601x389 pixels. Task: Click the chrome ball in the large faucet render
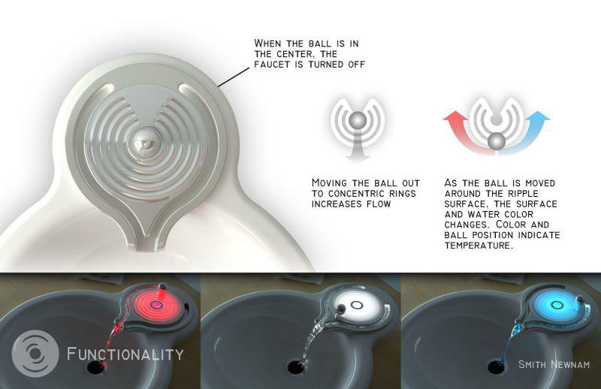(144, 143)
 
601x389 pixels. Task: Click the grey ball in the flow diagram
(358, 120)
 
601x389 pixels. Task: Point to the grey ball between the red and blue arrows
(497, 141)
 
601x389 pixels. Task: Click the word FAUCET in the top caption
(273, 65)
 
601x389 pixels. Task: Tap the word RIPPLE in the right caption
(523, 193)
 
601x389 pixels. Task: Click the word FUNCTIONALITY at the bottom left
(125, 354)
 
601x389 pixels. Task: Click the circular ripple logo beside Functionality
(35, 354)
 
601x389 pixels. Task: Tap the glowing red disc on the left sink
(156, 305)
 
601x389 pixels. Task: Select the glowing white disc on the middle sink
(358, 305)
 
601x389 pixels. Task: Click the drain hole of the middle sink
(296, 366)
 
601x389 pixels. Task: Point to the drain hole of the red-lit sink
(96, 366)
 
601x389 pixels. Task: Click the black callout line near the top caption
(234, 77)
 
